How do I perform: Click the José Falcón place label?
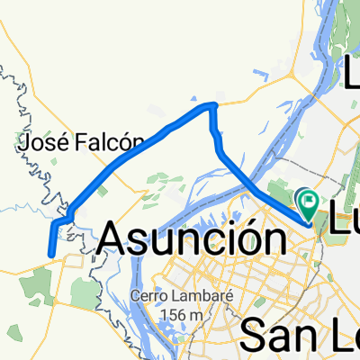82,140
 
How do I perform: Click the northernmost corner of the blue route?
213,105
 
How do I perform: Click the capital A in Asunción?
113,238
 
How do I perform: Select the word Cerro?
147,297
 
